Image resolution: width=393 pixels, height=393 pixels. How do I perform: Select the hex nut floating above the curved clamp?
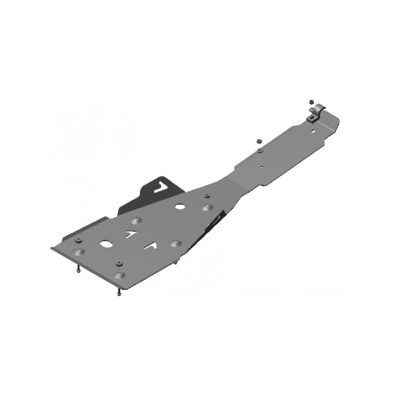(x=311, y=101)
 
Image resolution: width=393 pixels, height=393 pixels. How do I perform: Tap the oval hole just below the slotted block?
(x=314, y=132)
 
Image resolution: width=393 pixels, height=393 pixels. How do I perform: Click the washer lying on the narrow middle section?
(x=259, y=150)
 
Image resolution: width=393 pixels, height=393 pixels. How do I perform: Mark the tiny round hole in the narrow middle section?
(x=261, y=167)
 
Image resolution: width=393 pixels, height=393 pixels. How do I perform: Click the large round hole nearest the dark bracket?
(x=180, y=207)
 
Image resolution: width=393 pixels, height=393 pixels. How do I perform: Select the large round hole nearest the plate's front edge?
(x=106, y=243)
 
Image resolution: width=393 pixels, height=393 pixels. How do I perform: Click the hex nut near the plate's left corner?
(x=79, y=241)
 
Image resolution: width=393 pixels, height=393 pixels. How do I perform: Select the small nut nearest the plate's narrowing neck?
(x=208, y=196)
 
